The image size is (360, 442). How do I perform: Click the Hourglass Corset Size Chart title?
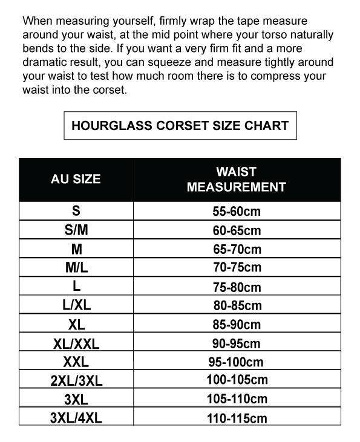click(180, 126)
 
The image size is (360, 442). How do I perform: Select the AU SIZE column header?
click(76, 179)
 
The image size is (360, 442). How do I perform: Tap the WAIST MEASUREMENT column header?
click(236, 179)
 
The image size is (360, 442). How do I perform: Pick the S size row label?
click(76, 211)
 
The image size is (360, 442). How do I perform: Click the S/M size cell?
click(76, 230)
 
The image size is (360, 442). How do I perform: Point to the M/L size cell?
click(76, 267)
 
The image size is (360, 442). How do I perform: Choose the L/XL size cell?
click(76, 305)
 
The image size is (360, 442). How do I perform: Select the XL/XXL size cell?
click(76, 343)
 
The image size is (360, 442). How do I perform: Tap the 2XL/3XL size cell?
click(76, 381)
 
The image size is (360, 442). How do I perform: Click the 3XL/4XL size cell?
click(76, 418)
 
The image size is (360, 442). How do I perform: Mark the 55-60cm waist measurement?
click(237, 212)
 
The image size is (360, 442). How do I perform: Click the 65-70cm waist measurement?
click(237, 249)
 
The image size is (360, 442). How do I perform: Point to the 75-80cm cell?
click(237, 287)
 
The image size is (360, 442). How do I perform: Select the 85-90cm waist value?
click(237, 325)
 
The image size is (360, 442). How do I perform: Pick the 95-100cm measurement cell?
click(237, 362)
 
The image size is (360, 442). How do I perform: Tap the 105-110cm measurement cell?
click(237, 399)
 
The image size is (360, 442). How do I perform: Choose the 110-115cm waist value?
click(237, 418)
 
